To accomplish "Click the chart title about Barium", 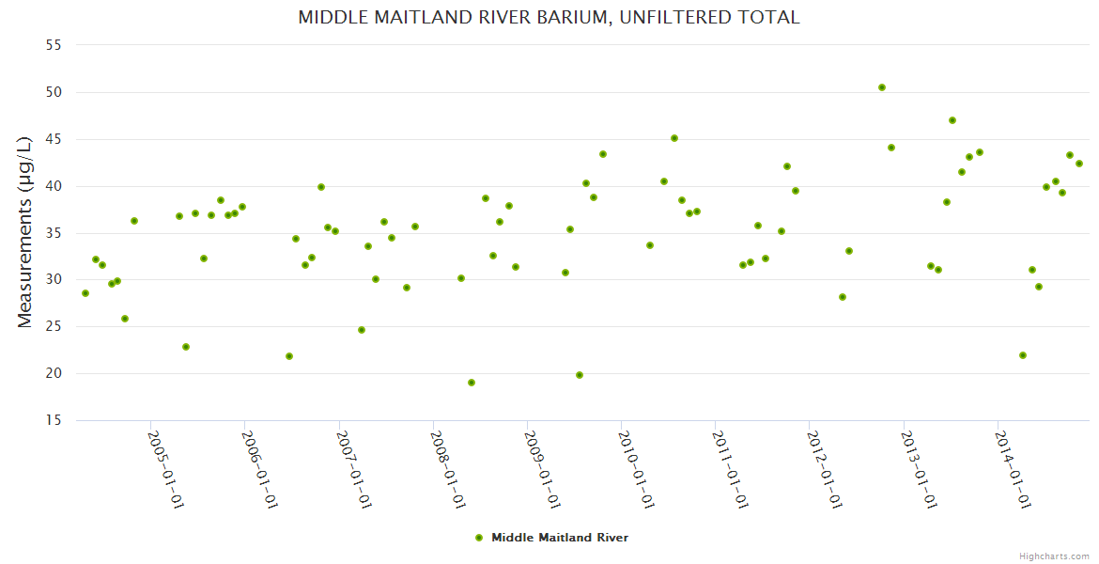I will tap(549, 17).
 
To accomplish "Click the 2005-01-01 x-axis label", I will tap(165, 469).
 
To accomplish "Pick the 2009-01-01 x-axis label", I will tap(542, 469).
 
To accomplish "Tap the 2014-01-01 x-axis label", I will tap(1013, 469).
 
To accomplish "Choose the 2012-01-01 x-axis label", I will tap(825, 469).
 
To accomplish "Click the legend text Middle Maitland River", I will tap(560, 538).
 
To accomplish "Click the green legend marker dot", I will tap(479, 538).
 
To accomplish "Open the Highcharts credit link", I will tap(1055, 556).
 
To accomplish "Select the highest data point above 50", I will tap(882, 87).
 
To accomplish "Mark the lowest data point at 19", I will tap(472, 383).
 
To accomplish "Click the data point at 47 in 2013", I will tap(952, 120).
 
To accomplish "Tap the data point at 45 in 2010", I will tap(674, 138).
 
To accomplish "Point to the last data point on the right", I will tap(1079, 164).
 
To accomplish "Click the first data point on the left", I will tap(85, 293).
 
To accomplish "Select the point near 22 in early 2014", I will tap(1023, 355).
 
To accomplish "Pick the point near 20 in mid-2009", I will tap(580, 375).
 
